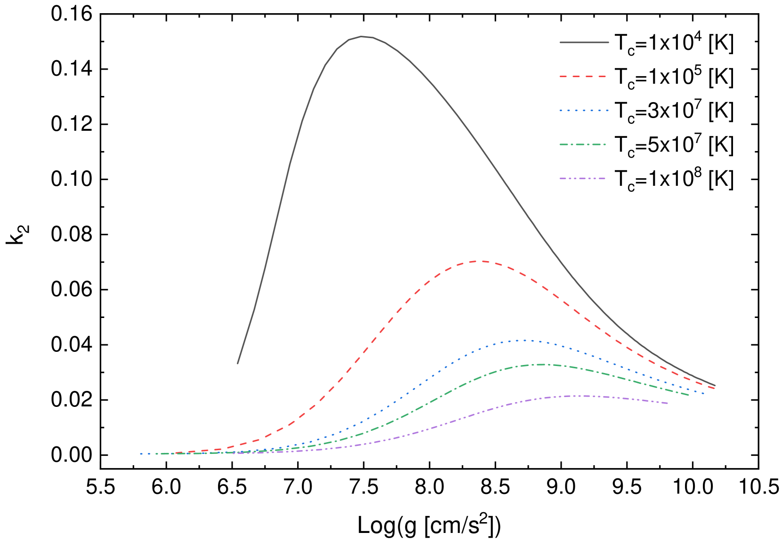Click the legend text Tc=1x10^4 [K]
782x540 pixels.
(x=674, y=43)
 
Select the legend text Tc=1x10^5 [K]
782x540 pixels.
(x=674, y=77)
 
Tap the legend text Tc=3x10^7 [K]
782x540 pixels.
(x=674, y=111)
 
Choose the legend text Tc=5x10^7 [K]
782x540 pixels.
(x=674, y=145)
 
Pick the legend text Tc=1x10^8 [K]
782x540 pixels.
(x=674, y=179)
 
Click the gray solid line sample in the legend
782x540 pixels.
(x=584, y=42)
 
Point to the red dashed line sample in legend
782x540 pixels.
(x=584, y=76)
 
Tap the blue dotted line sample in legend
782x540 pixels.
(x=584, y=110)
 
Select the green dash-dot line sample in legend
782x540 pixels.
(x=584, y=144)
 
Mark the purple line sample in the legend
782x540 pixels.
(x=584, y=178)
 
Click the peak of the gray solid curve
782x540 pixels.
(x=362, y=37)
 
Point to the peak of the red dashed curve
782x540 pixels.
(x=482, y=261)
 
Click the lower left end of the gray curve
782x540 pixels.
(x=238, y=363)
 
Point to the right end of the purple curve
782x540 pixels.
(x=668, y=403)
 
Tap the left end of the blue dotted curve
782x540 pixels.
(x=140, y=454)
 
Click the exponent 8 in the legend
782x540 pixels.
(x=698, y=173)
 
